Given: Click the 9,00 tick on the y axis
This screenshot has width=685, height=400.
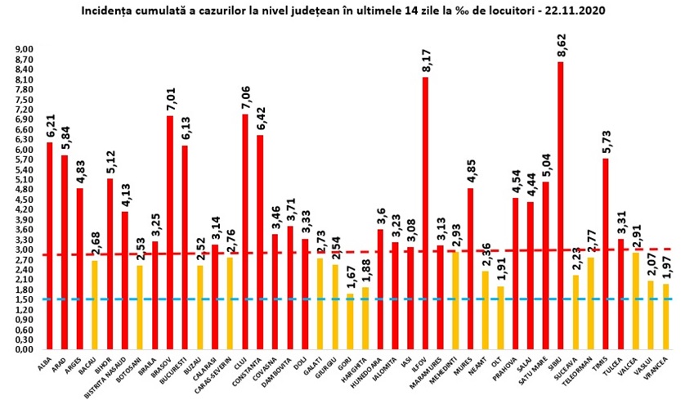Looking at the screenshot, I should pyautogui.click(x=25, y=50).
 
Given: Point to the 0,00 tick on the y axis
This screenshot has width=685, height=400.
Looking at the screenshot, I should pyautogui.click(x=25, y=349).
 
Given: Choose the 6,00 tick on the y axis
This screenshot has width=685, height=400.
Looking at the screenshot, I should pyautogui.click(x=25, y=150).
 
